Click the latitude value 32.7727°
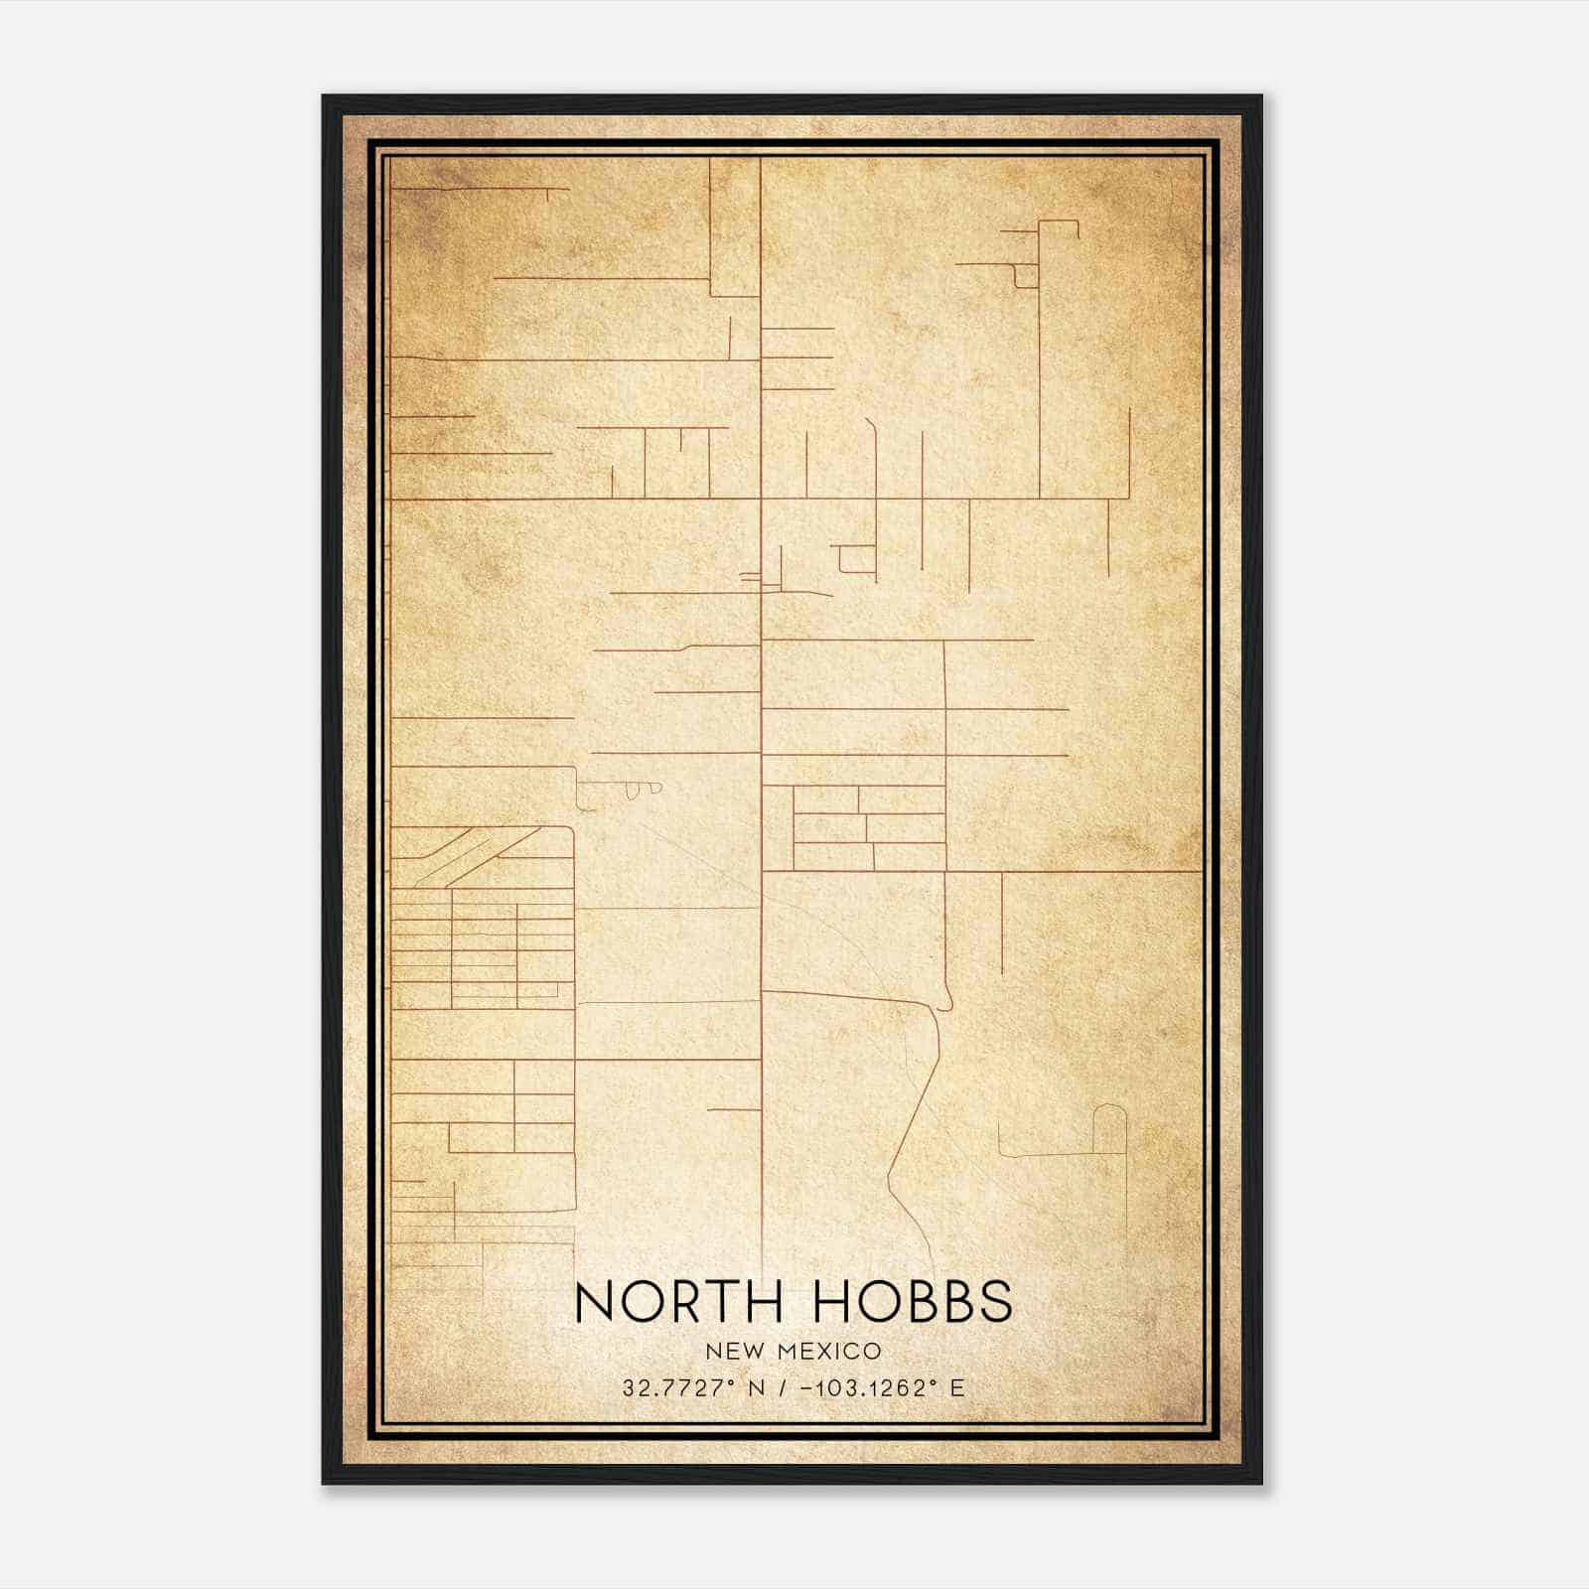678,1387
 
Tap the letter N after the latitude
757,1387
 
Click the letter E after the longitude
957,1387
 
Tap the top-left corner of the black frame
324,96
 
